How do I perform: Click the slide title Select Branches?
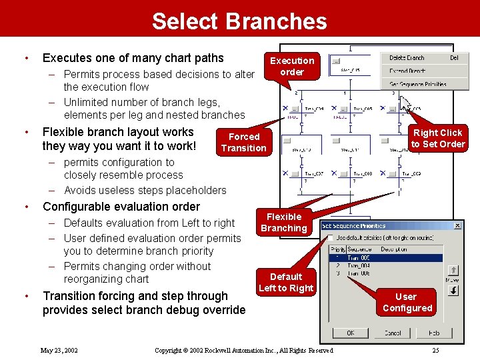pos(239,21)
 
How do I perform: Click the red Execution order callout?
pos(292,66)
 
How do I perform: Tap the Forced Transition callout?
pos(244,142)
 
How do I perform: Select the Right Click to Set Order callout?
pos(437,138)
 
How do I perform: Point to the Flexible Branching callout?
pos(284,222)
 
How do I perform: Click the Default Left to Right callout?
pos(285,282)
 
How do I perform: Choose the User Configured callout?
pos(407,302)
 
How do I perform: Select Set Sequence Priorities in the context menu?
pos(418,85)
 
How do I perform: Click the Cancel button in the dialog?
pos(393,333)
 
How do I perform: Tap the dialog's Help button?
pos(434,333)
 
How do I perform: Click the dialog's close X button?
pos(458,226)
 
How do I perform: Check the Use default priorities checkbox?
pos(331,237)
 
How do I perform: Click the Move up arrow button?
pos(453,270)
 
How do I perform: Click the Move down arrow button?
pos(453,290)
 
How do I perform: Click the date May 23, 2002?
pos(59,350)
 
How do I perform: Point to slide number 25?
pos(435,350)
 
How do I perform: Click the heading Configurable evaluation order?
pos(121,207)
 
